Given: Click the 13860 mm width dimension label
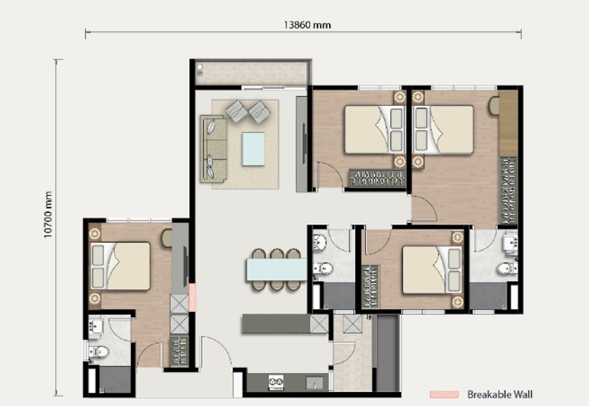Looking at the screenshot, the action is point(307,25).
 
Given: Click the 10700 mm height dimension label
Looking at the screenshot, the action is point(48,214).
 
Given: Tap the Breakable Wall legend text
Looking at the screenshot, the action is point(500,394).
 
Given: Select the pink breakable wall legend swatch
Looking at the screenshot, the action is point(444,394).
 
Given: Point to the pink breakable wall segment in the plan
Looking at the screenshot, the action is point(192,298).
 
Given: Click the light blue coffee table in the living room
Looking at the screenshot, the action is point(253,149).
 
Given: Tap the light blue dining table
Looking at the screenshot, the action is point(277,269).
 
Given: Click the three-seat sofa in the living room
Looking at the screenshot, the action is point(214,149).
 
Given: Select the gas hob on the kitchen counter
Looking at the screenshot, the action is point(276,382).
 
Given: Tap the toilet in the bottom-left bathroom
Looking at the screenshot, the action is point(99,352).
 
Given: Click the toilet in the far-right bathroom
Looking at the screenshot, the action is point(507,268).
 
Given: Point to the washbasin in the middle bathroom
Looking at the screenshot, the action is point(320,242).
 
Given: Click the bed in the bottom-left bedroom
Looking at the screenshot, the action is point(120,266).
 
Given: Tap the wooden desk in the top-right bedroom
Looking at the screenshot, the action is point(509,124).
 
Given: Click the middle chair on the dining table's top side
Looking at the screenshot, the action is point(277,254).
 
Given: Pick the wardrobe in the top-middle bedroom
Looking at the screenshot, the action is point(377,178).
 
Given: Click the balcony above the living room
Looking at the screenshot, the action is point(252,73).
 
